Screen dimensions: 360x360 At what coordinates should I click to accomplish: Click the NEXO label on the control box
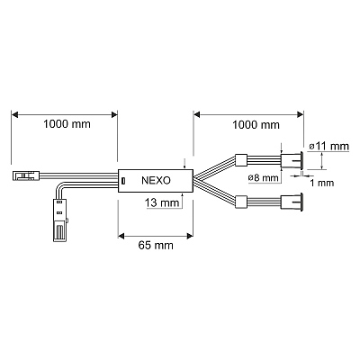156,180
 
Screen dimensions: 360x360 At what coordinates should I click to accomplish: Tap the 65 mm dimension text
156,246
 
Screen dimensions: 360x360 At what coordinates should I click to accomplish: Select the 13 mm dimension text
162,202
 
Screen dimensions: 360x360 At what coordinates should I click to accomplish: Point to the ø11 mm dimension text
329,147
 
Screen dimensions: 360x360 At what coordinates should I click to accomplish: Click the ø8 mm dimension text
264,178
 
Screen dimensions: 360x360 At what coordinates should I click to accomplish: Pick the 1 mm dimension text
321,183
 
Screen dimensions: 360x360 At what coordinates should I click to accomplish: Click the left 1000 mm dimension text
67,124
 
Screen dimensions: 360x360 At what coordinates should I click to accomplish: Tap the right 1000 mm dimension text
256,125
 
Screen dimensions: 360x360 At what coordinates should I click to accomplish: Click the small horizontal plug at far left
26,175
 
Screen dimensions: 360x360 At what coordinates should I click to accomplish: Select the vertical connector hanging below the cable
60,220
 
